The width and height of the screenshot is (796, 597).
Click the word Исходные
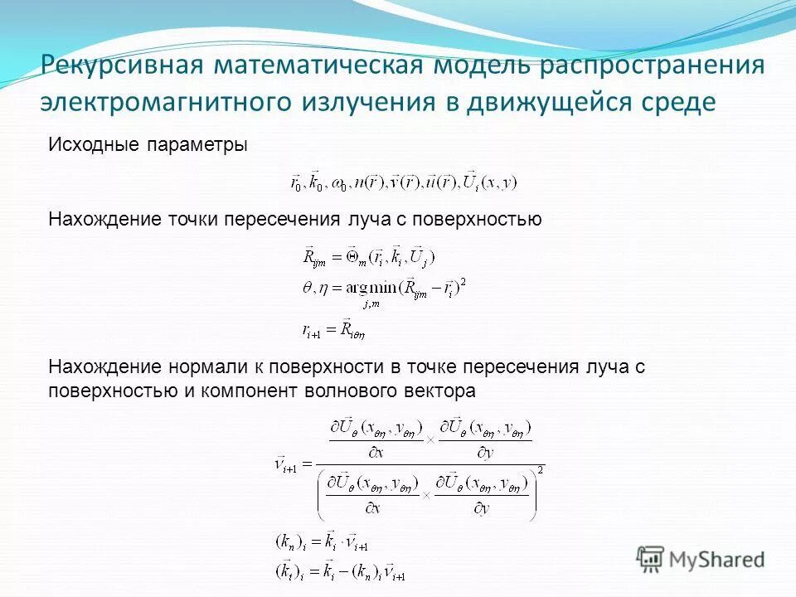point(88,145)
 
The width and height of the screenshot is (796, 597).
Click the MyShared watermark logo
point(700,557)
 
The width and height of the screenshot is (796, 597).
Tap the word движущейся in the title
point(544,103)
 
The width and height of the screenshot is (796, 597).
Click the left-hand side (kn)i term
point(291,543)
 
